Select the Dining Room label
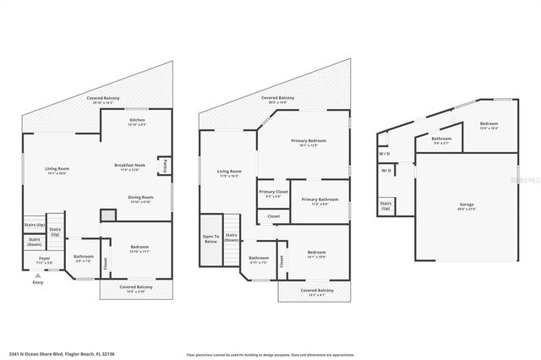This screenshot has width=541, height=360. [x=140, y=199]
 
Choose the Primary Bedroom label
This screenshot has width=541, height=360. [x=309, y=142]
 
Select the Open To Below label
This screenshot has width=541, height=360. [x=210, y=239]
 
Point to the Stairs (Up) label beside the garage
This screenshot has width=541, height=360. [x=385, y=205]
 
